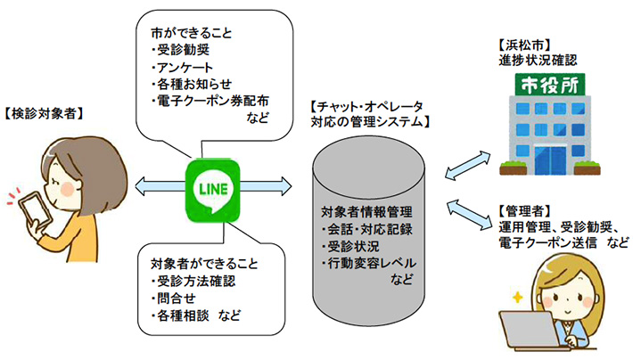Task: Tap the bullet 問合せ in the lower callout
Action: point(174,299)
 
